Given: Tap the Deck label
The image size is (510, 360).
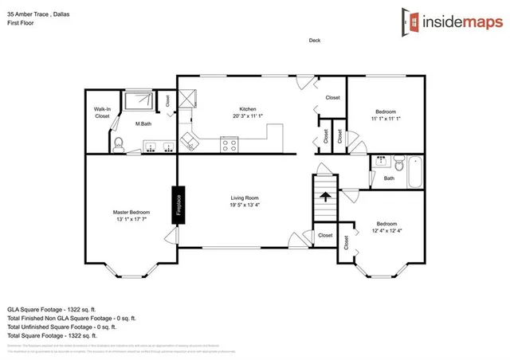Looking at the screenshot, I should [314, 41].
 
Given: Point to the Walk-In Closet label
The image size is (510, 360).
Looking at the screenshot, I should [102, 112].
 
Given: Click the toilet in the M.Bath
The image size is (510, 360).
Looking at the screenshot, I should [118, 143].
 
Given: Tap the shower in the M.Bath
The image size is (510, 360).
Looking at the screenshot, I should [141, 100].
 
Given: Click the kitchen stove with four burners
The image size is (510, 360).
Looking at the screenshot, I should [230, 145].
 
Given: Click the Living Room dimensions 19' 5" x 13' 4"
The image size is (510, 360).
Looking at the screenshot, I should [245, 205].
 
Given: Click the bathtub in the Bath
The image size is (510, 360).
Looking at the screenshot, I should [415, 172].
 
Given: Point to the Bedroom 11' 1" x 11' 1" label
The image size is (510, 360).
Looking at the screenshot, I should [386, 115].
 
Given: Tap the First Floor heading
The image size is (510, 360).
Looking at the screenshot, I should [22, 23].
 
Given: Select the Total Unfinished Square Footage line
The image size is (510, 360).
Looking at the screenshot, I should [61, 327].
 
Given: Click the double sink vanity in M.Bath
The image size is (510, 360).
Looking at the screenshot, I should [159, 147].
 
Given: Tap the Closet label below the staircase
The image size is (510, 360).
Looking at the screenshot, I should [325, 236].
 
